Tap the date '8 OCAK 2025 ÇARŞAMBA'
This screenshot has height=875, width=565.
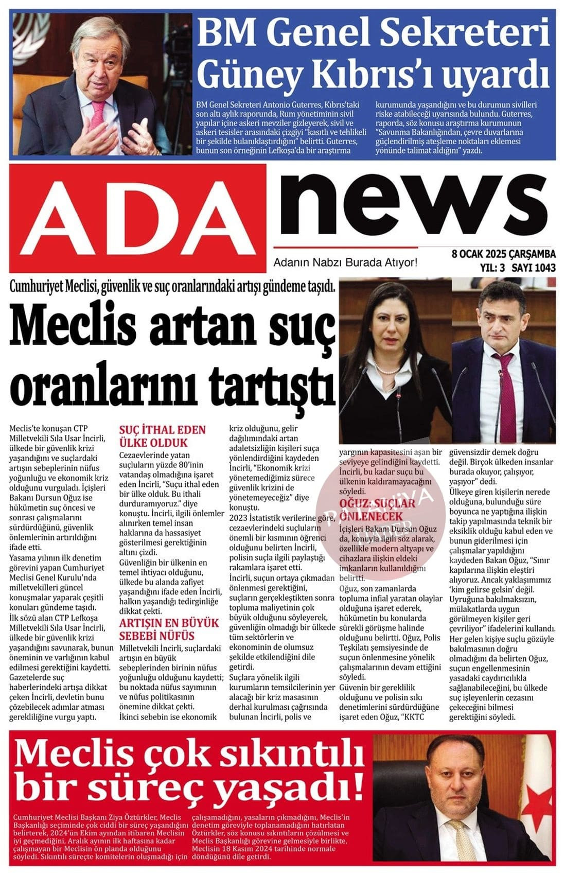[x=503, y=254]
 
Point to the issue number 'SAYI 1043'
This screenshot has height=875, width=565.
[x=534, y=267]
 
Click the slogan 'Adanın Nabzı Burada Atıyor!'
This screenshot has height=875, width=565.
[x=345, y=262]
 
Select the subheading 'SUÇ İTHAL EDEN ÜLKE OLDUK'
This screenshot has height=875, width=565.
[x=162, y=436]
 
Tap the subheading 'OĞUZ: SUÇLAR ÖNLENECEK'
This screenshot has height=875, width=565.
[x=377, y=509]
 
